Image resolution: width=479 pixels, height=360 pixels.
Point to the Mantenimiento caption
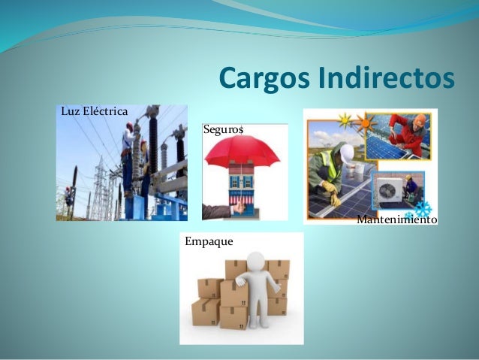[396, 219]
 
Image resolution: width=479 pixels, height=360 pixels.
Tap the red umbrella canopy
[242, 151]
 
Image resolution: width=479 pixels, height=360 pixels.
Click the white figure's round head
[257, 262]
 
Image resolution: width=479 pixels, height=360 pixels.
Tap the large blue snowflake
[423, 208]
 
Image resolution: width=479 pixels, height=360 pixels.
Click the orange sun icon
[366, 122]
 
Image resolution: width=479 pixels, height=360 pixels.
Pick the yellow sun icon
[345, 120]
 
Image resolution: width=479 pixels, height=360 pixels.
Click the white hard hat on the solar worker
[347, 153]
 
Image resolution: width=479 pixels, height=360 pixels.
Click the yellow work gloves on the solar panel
[331, 192]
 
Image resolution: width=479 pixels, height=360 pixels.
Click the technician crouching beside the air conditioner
[410, 186]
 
